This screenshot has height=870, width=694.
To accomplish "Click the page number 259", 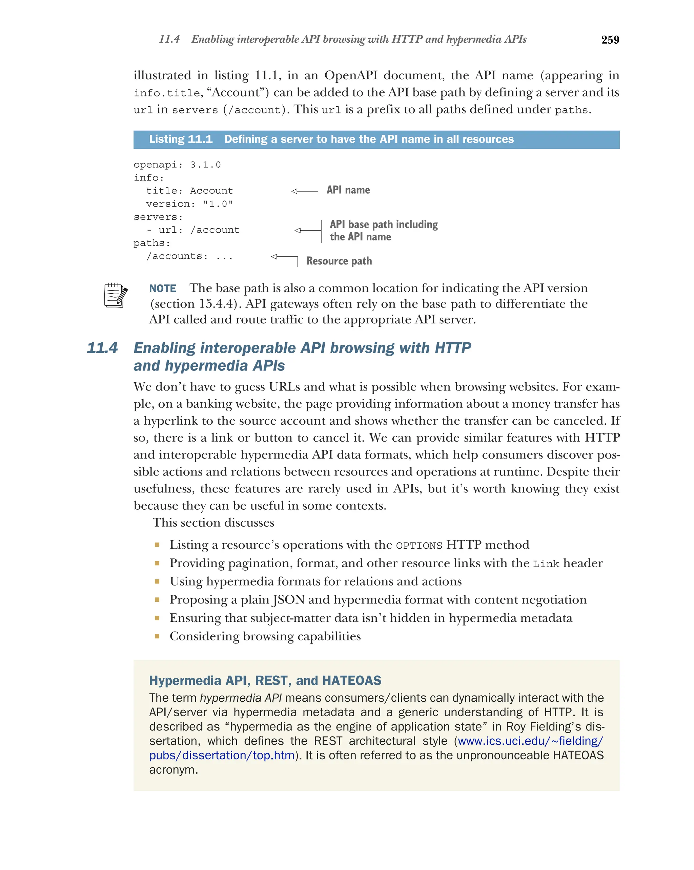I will point(610,40).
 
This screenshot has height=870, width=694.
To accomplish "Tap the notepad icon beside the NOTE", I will point(116,295).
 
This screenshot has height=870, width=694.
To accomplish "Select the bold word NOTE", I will point(162,289).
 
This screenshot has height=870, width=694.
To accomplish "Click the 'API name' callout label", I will point(348,190).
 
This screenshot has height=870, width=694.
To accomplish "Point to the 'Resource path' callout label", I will point(339,261).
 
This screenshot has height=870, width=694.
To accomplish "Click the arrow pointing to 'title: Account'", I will point(304,191).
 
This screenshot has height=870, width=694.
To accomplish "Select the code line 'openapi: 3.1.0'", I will point(177,165).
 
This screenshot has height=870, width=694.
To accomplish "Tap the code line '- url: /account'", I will point(192,230).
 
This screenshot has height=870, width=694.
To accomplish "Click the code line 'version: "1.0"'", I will point(189,204).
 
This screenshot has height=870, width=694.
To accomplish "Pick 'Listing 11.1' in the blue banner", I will point(181,139).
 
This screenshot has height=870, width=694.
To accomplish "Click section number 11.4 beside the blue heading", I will point(102,348).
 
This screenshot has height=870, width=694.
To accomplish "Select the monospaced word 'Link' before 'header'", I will point(546,564).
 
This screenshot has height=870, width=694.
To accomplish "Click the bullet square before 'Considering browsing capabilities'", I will point(157,636).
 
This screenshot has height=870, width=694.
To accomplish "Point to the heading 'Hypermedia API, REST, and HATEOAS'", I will point(265,681).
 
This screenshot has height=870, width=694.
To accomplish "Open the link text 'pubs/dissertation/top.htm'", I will point(222,756).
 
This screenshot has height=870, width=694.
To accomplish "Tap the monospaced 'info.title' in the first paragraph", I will point(167,93).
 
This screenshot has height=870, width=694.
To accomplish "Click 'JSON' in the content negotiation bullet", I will point(289,600).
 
